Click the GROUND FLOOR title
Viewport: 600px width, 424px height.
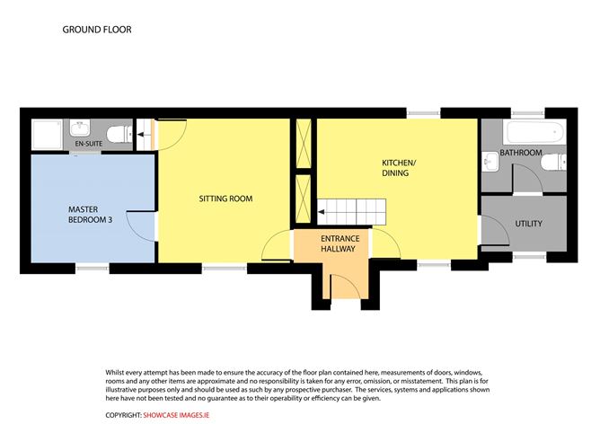click(x=97, y=30)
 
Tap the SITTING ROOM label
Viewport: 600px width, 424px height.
click(x=225, y=198)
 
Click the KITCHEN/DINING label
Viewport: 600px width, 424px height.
click(x=396, y=167)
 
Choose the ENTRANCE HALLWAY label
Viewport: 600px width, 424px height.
click(x=339, y=243)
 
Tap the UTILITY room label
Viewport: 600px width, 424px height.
click(x=528, y=223)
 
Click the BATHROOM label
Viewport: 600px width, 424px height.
click(x=522, y=153)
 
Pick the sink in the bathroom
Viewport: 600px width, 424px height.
click(x=490, y=162)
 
